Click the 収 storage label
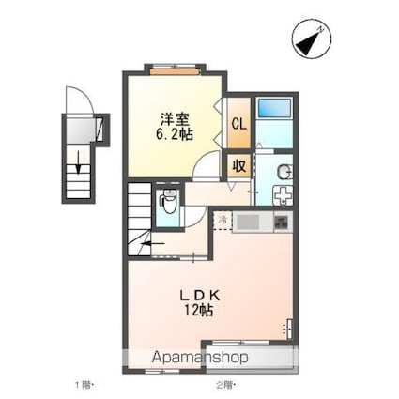238,164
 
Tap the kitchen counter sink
249,223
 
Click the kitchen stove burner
282,223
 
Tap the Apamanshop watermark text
199,358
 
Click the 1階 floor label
84,385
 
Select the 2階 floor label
223,385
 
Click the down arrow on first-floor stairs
81,161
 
